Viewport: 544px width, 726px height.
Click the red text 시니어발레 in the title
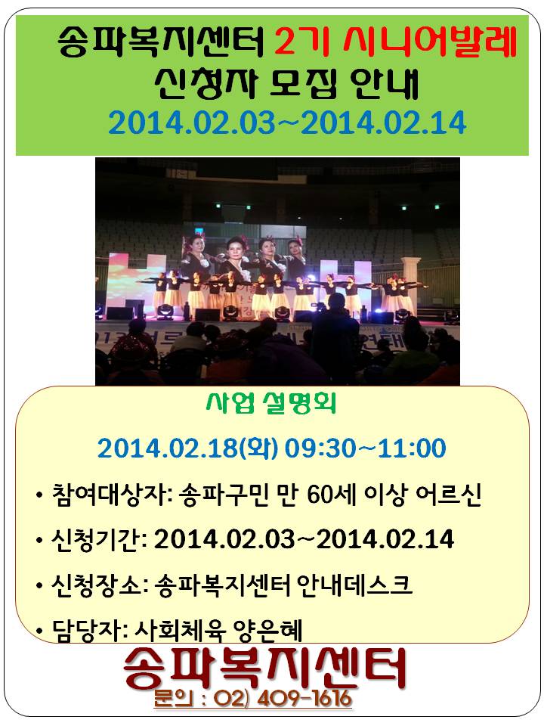(x=430, y=42)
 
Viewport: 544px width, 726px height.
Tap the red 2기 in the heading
(x=301, y=42)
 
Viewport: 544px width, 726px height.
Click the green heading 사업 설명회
(x=271, y=403)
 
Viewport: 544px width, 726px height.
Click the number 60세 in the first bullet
(x=331, y=494)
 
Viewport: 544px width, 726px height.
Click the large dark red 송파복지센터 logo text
(x=264, y=667)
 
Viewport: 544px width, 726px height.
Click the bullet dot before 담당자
(x=40, y=631)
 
